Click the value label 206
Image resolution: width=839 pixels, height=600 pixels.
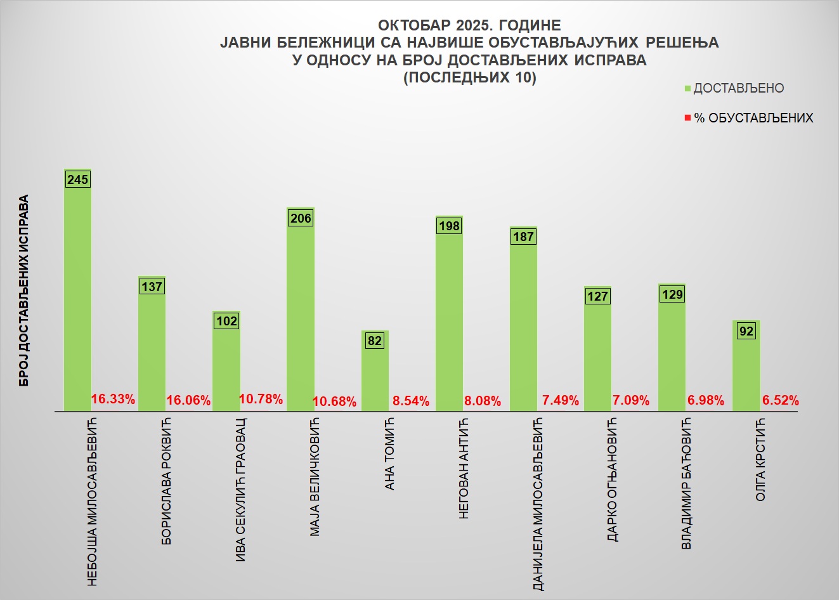(x=301, y=218)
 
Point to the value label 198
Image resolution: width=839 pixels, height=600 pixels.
(x=449, y=226)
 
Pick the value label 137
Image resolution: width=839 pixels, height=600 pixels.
(x=152, y=287)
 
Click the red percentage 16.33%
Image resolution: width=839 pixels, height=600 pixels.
(x=113, y=399)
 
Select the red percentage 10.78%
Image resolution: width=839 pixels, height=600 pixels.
(x=261, y=399)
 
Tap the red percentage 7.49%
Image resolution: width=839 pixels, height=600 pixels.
(x=560, y=400)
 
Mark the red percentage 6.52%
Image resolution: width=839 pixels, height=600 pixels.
(x=780, y=400)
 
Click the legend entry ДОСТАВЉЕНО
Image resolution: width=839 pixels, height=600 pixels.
(x=738, y=88)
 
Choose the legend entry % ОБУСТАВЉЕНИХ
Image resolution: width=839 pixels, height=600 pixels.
(x=753, y=118)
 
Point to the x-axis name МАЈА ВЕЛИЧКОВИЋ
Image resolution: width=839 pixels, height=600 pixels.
(x=315, y=477)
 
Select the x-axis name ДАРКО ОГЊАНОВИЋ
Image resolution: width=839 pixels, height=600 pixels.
(x=613, y=479)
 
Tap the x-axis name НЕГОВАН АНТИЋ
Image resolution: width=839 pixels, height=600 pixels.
(x=464, y=469)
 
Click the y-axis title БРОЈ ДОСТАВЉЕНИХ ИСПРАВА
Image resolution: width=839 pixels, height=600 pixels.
(x=24, y=290)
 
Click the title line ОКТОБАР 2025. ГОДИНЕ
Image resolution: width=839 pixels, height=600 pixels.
(x=469, y=25)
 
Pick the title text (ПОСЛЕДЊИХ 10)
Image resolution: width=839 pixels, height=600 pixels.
(x=469, y=78)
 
